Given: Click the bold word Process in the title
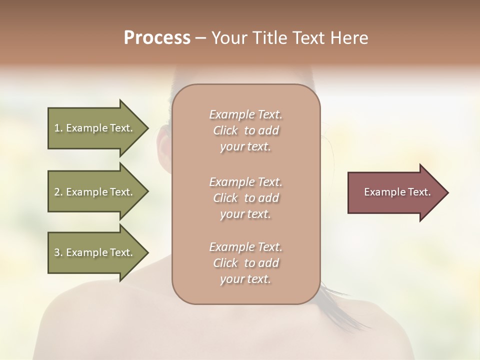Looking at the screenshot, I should (x=157, y=38).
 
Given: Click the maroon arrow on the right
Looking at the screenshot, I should (x=395, y=192).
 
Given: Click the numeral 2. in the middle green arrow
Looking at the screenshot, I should (x=58, y=192).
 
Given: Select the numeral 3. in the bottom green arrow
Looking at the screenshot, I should (x=58, y=252).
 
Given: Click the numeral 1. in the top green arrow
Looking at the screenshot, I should (x=58, y=128).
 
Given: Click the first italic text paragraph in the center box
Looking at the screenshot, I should (x=246, y=130).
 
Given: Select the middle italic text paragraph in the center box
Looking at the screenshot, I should (x=246, y=197).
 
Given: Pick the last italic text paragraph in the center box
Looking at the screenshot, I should (x=246, y=263).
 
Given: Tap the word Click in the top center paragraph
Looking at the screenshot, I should (x=225, y=130).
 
